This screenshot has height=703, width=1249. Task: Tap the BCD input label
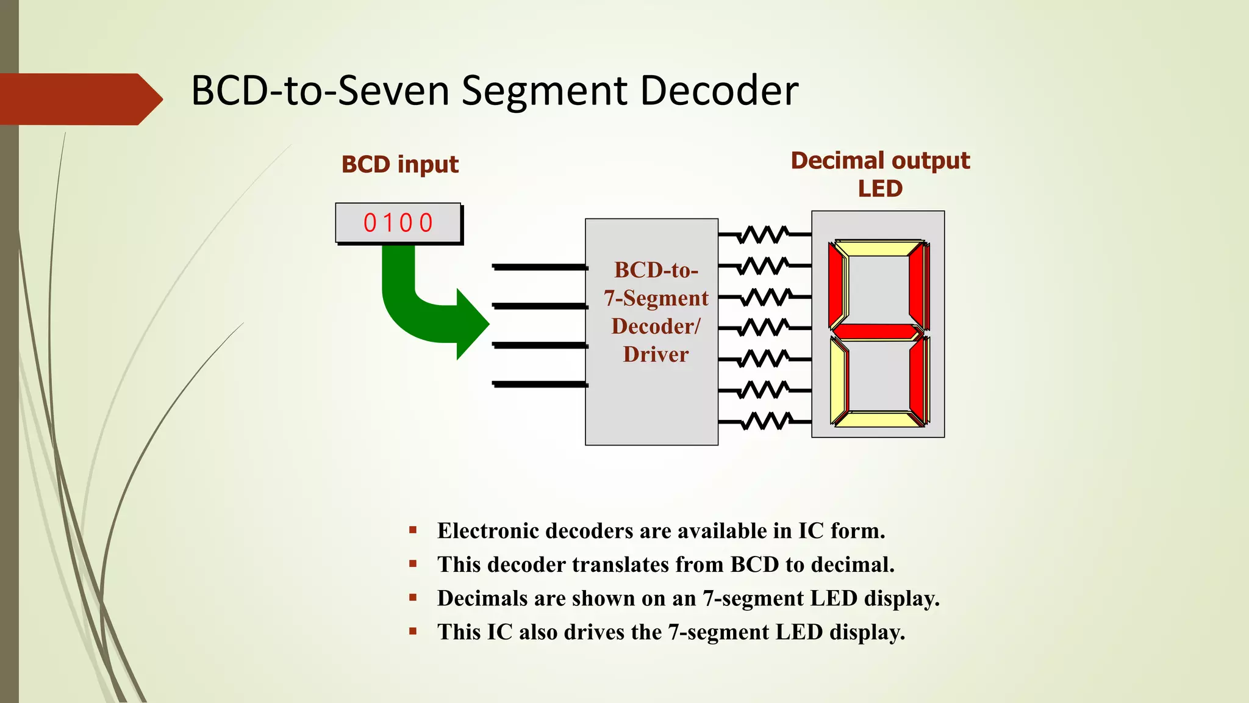399,165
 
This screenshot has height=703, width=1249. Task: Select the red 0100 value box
398,223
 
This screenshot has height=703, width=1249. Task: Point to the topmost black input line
539,267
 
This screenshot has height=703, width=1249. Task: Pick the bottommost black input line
539,384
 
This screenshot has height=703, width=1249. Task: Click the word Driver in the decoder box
656,355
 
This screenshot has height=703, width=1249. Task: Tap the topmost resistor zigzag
764,234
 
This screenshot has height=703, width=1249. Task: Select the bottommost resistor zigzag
766,421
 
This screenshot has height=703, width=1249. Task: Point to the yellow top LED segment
878,248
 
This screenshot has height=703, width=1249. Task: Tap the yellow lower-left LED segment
838,381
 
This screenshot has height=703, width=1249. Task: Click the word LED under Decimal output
879,189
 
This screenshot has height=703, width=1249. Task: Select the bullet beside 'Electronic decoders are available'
413,530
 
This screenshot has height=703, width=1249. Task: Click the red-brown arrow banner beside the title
79,99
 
